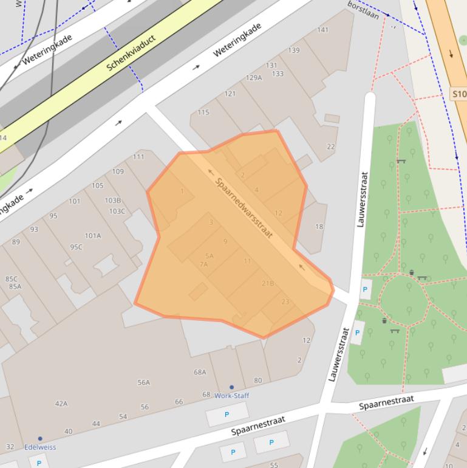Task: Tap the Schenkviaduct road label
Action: [131, 52]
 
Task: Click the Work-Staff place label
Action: [231, 396]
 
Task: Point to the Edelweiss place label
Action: [40, 447]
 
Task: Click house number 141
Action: [323, 30]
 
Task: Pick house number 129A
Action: [254, 78]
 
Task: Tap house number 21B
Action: [268, 283]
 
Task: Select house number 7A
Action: [203, 264]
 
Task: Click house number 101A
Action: [93, 236]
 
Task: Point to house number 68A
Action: [200, 372]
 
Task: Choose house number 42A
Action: [61, 404]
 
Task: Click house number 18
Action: [319, 227]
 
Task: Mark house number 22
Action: [331, 146]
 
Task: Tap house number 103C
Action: [117, 212]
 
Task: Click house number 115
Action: [203, 112]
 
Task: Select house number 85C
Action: [12, 279]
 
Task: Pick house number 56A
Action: [144, 382]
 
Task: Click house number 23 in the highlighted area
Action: [285, 301]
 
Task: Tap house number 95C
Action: [76, 247]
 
